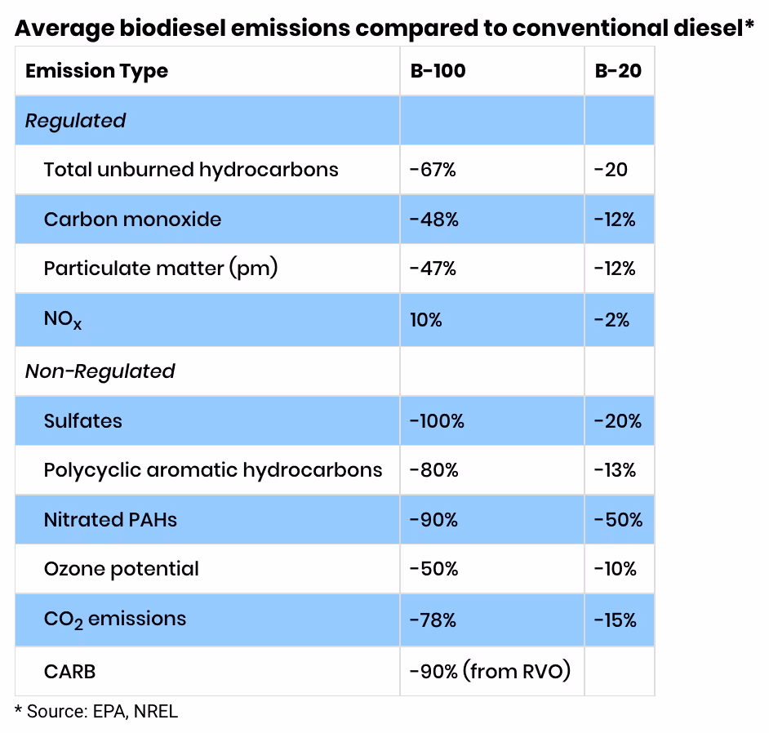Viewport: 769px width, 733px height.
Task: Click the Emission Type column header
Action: pyautogui.click(x=96, y=71)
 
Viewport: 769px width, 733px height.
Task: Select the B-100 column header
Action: pyautogui.click(x=438, y=71)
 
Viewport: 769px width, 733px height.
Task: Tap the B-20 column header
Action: pyautogui.click(x=618, y=71)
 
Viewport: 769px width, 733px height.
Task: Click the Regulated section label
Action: pyautogui.click(x=75, y=121)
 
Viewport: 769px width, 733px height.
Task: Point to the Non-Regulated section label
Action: pyautogui.click(x=100, y=371)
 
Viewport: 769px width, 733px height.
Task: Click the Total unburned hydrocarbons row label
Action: pyautogui.click(x=190, y=170)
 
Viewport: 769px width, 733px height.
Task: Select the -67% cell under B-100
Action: pyautogui.click(x=433, y=170)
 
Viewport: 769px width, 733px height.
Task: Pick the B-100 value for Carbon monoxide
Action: pyautogui.click(x=433, y=220)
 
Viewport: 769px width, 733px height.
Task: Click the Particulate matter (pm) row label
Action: pyautogui.click(x=161, y=269)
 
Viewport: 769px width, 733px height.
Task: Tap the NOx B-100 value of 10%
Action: pyautogui.click(x=425, y=320)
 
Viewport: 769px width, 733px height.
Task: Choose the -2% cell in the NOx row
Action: pyautogui.click(x=611, y=320)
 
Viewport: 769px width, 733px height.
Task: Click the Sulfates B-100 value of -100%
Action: pyautogui.click(x=437, y=421)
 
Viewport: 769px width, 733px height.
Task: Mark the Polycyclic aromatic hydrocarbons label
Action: pyautogui.click(x=212, y=470)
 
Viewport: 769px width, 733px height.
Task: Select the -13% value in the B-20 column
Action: pyautogui.click(x=615, y=470)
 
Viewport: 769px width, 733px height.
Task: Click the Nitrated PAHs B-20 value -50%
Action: pyautogui.click(x=617, y=520)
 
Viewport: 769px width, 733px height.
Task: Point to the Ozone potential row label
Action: pyautogui.click(x=121, y=569)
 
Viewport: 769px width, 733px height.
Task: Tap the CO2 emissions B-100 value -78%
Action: pyautogui.click(x=433, y=620)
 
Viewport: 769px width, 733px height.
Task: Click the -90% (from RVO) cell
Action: pyautogui.click(x=490, y=671)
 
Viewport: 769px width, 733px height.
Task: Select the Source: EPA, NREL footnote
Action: pyautogui.click(x=96, y=711)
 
